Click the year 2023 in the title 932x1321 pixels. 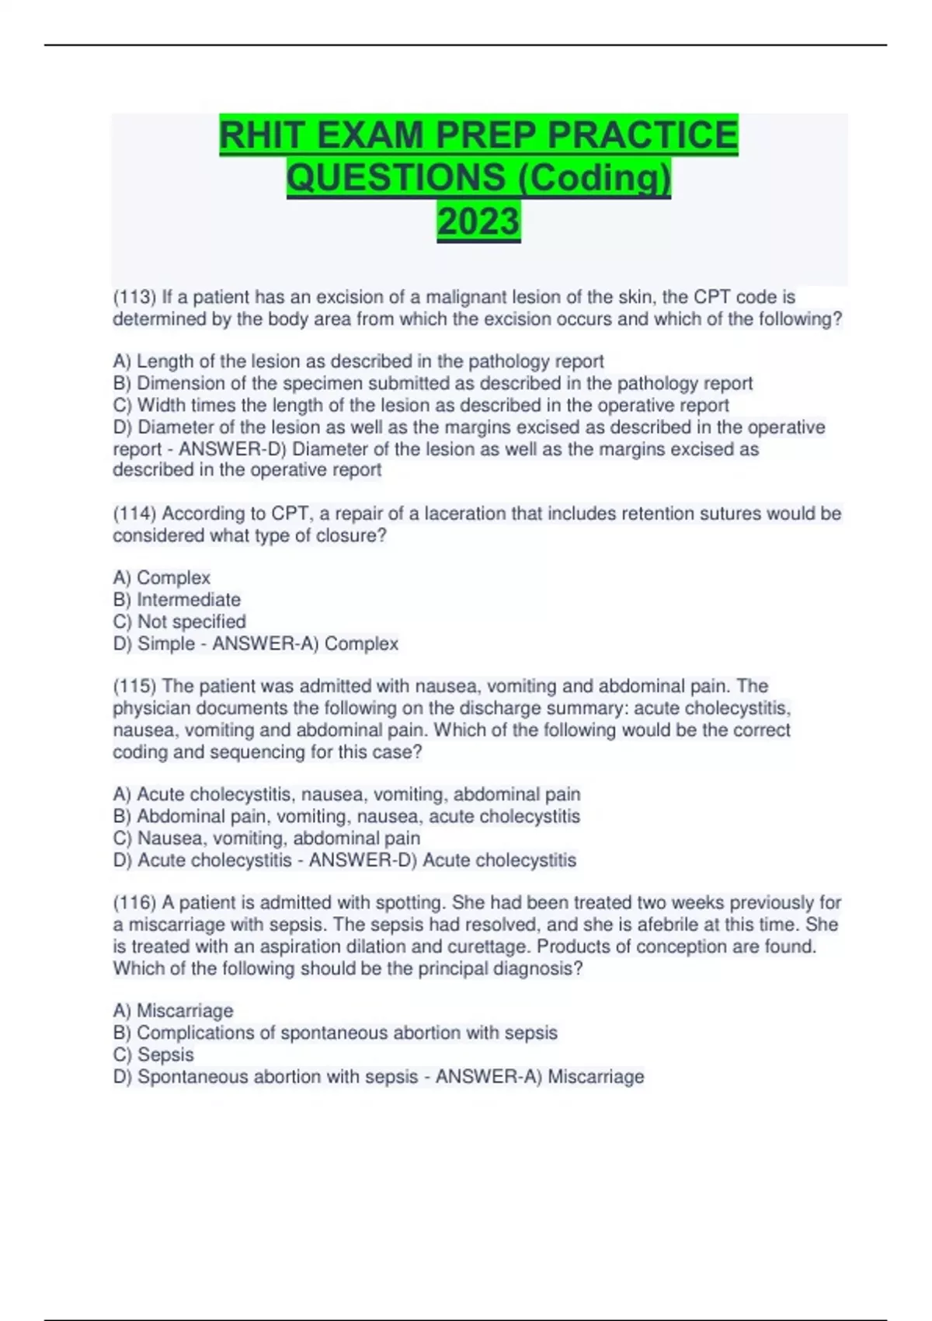(478, 221)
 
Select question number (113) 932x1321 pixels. (134, 297)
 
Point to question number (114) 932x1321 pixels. (134, 514)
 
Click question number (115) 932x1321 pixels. (134, 686)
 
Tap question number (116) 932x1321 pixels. (134, 903)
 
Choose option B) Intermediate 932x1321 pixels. (176, 600)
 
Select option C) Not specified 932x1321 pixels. (179, 622)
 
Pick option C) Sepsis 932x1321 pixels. (153, 1054)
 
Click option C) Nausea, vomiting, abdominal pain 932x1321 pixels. (266, 838)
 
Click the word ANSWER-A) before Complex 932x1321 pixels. (265, 643)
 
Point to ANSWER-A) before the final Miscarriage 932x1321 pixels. (489, 1076)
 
